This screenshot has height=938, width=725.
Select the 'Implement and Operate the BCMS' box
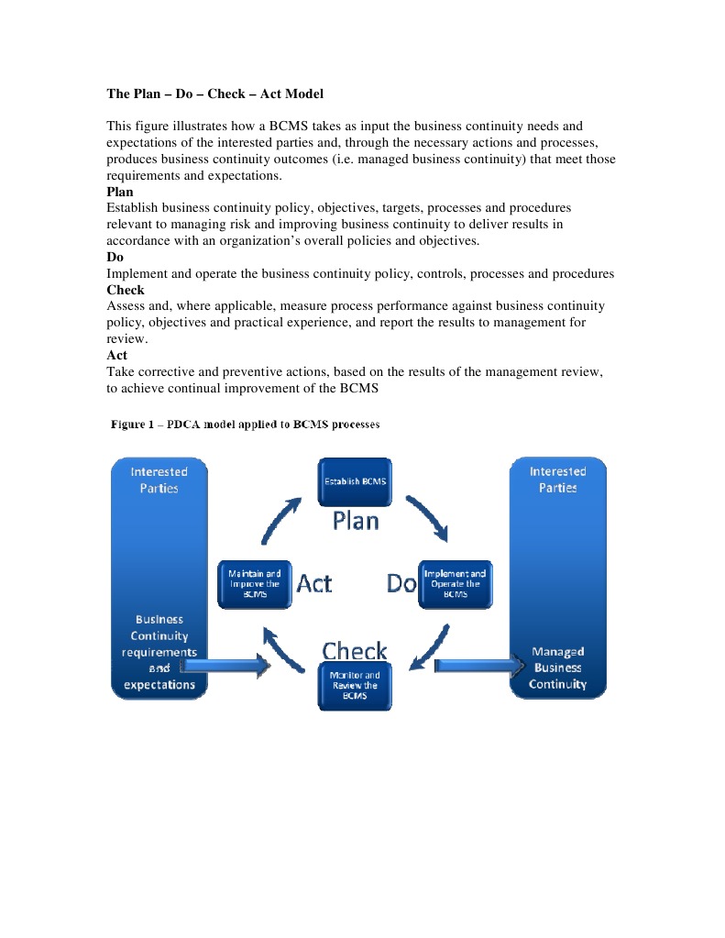coord(455,583)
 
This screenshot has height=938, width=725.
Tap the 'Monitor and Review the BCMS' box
coord(355,686)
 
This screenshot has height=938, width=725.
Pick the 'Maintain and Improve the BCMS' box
coord(254,583)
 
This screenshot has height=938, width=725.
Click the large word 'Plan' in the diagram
coord(355,521)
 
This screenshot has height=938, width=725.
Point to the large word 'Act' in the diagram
coord(314,583)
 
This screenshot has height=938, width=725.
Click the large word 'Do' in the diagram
coord(401,583)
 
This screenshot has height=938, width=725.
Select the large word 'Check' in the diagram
coord(355,651)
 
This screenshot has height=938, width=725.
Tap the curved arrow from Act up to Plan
coord(280,519)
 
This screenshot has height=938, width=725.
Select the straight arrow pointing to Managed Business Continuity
coord(477,666)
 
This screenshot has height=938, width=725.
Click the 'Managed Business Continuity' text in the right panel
coord(557,668)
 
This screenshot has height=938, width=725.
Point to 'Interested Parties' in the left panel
coord(159,480)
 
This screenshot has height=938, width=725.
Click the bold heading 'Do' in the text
coord(115,258)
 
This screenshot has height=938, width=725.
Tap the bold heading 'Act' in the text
coord(116,355)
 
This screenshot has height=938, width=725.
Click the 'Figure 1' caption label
coord(136,425)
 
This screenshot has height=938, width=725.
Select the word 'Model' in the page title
coord(303,94)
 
